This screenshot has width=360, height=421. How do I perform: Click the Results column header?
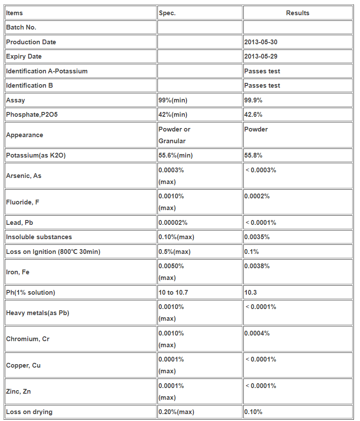click(298, 13)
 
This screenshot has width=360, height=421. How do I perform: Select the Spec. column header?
click(167, 13)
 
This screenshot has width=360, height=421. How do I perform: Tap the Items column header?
click(14, 13)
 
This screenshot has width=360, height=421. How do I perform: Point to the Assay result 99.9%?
click(253, 100)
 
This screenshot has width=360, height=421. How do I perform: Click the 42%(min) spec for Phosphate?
click(173, 115)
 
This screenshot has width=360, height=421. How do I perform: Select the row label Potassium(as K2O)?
click(36, 155)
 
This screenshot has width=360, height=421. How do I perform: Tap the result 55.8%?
click(253, 155)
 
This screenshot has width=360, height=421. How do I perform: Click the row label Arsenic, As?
click(24, 176)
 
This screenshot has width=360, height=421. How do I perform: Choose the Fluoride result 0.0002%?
click(257, 196)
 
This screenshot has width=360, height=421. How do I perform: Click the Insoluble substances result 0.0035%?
click(257, 237)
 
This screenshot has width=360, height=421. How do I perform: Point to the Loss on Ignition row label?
click(53, 252)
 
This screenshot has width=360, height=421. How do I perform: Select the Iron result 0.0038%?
click(257, 266)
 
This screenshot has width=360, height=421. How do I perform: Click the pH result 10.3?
click(251, 293)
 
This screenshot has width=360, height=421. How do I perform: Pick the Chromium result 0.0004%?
click(257, 333)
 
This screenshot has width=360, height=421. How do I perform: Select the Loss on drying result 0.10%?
click(253, 412)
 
